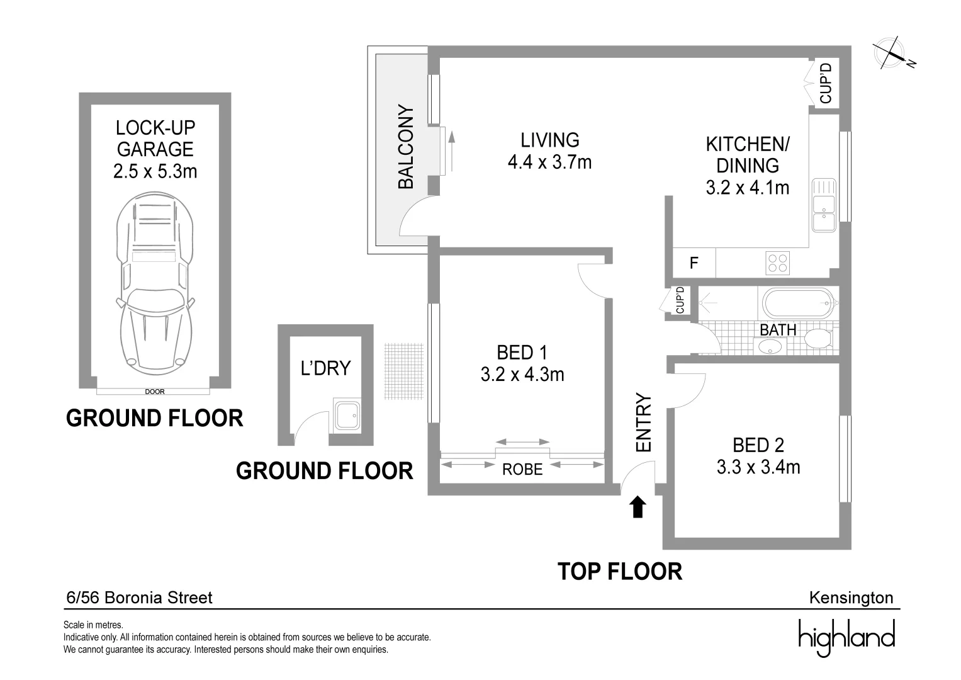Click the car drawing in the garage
pyautogui.click(x=155, y=284)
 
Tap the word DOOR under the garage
pyautogui.click(x=155, y=392)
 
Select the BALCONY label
pyautogui.click(x=406, y=146)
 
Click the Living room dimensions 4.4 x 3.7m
pyautogui.click(x=549, y=162)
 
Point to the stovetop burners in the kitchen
pyautogui.click(x=777, y=263)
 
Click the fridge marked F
pyautogui.click(x=694, y=263)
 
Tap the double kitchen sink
pyautogui.click(x=824, y=205)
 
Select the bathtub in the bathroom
pyautogui.click(x=798, y=303)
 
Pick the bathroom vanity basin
pyautogui.click(x=770, y=346)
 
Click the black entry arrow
pyautogui.click(x=638, y=507)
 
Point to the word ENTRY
pyautogui.click(x=644, y=422)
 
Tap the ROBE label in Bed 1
pyautogui.click(x=522, y=470)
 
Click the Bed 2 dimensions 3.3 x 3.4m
pyautogui.click(x=758, y=467)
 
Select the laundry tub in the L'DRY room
pyautogui.click(x=347, y=416)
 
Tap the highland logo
pyautogui.click(x=847, y=637)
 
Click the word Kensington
pyautogui.click(x=851, y=598)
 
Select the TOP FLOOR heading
pyautogui.click(x=620, y=572)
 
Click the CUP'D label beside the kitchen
pyautogui.click(x=826, y=83)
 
